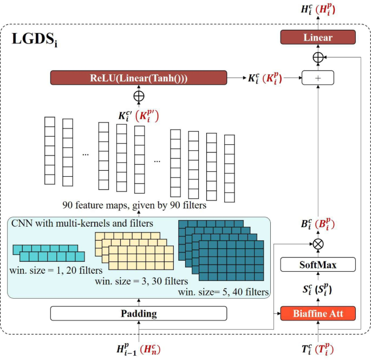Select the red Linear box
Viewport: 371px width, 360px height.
click(318, 37)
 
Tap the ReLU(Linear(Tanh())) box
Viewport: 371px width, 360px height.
click(139, 78)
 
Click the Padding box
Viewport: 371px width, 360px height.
click(139, 313)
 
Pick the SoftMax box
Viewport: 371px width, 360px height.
click(318, 265)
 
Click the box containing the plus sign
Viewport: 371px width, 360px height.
click(318, 78)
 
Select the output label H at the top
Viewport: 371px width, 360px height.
click(318, 9)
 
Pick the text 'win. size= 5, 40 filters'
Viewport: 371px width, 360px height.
click(223, 292)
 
